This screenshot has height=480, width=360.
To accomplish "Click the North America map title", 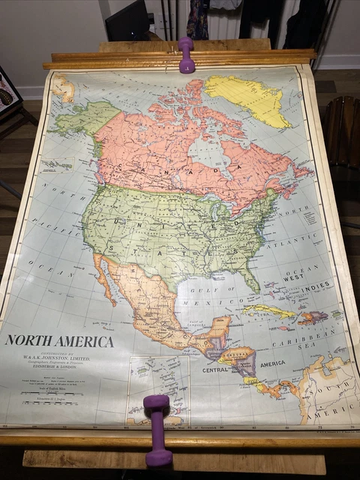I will click(x=60, y=341).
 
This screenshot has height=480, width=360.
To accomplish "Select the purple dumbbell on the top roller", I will click(x=186, y=55).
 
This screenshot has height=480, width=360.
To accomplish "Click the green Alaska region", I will click(x=82, y=120).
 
